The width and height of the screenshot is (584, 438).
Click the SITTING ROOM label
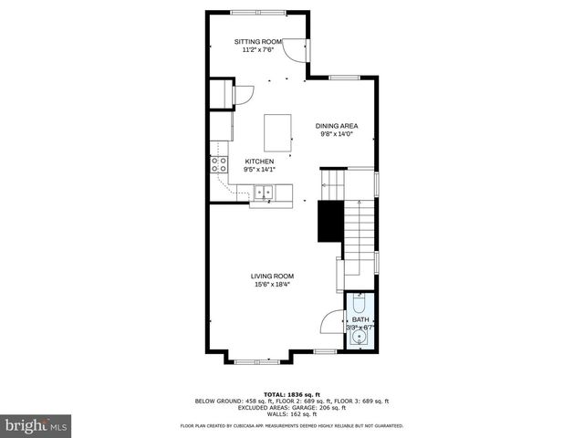(258, 42)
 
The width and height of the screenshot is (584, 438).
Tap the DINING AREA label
(336, 126)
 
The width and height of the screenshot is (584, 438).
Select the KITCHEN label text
(258, 162)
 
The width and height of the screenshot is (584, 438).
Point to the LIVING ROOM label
(273, 276)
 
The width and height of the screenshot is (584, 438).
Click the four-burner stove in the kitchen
(219, 165)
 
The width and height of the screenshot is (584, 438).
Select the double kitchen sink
(264, 192)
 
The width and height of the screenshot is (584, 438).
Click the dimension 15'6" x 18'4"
(273, 284)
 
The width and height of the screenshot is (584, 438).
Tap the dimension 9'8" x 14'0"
(336, 134)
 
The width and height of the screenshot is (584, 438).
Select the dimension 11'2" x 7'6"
(258, 50)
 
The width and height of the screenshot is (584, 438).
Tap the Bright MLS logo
(36, 425)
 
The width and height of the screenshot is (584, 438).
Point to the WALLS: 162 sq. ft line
(292, 413)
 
